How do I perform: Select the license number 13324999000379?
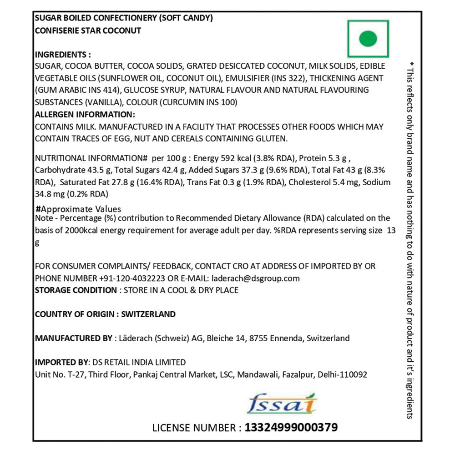click(x=291, y=428)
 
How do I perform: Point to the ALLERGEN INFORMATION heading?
click(x=85, y=114)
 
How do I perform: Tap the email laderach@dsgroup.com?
click(x=254, y=278)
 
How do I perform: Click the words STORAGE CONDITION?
click(x=76, y=290)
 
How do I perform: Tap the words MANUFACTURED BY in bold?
click(x=74, y=338)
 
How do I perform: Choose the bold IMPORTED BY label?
click(x=61, y=363)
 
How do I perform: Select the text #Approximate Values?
click(x=78, y=209)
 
